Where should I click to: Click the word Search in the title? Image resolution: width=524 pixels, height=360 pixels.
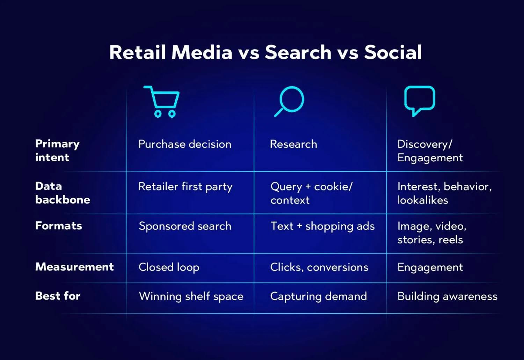pyautogui.click(x=298, y=52)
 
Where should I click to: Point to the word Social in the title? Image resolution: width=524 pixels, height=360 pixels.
pyautogui.click(x=393, y=52)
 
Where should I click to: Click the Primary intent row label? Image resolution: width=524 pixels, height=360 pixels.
pyautogui.click(x=57, y=150)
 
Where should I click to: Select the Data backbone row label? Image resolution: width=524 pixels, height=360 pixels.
pyautogui.click(x=63, y=193)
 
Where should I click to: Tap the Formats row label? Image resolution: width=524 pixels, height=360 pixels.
pyautogui.click(x=59, y=226)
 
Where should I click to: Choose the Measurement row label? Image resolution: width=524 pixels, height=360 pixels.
pyautogui.click(x=74, y=267)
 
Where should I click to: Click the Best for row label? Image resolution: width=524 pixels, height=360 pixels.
pyautogui.click(x=58, y=296)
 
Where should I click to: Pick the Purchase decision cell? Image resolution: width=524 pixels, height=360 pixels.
pyautogui.click(x=185, y=144)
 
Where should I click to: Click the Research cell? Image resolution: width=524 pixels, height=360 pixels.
pyautogui.click(x=293, y=144)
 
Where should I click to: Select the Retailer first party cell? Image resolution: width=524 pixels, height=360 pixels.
pyautogui.click(x=185, y=187)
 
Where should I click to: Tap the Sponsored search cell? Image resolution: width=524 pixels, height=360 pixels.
pyautogui.click(x=185, y=226)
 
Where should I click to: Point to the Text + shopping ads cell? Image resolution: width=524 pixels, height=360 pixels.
pyautogui.click(x=322, y=226)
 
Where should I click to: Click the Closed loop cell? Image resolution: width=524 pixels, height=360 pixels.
pyautogui.click(x=169, y=267)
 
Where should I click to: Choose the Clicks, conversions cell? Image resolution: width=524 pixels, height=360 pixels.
pyautogui.click(x=319, y=267)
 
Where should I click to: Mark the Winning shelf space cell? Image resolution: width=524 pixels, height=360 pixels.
pyautogui.click(x=191, y=296)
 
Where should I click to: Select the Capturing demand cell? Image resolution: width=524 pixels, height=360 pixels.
pyautogui.click(x=318, y=296)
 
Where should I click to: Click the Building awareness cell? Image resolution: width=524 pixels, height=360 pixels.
pyautogui.click(x=447, y=296)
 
